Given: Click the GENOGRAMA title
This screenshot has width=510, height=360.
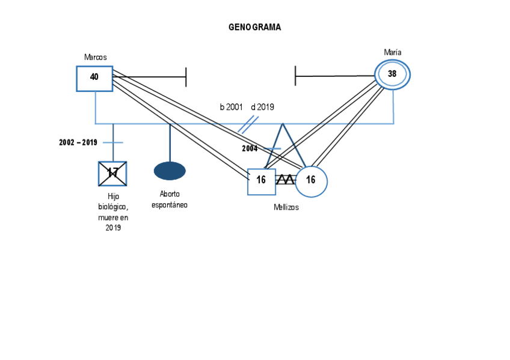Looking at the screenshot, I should point(254,27).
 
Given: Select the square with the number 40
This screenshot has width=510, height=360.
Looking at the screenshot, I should point(94,78).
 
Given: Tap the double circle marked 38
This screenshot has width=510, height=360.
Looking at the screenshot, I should point(392,75).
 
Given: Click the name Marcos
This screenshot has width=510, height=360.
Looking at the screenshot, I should point(96,57).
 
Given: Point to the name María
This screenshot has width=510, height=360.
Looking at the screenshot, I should point(393,52).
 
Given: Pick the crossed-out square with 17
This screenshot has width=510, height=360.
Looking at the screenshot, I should point(112,174).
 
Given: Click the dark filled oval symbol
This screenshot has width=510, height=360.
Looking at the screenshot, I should point(170,171).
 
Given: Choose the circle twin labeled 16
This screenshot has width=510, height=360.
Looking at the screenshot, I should point(311,181).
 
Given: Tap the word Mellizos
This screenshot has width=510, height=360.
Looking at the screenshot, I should point(286,207).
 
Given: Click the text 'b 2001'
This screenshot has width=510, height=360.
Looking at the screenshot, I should point(231,107).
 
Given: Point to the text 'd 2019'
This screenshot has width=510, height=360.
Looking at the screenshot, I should point(262,107).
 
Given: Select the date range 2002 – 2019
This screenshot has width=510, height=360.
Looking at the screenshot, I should point(78,142).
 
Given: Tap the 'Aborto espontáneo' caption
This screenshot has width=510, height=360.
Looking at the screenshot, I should point(170,200).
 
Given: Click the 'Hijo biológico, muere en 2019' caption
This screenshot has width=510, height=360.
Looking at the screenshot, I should point(113,212).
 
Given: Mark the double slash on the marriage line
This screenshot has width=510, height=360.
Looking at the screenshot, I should point(248,124).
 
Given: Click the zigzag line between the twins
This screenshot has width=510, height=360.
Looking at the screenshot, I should point(286,180).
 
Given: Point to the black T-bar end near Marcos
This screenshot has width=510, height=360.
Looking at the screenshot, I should point(186,76).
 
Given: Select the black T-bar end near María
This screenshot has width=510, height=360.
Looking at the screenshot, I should point(295,76).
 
